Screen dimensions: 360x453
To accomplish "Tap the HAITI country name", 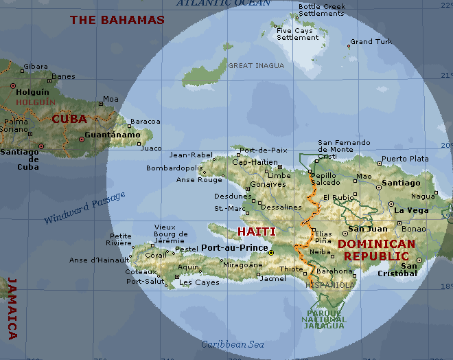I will point(256,232).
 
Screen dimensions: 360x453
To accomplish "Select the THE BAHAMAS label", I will point(117,20).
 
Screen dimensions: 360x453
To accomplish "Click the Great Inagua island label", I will point(255,66).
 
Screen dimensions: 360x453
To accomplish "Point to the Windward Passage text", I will point(85,208).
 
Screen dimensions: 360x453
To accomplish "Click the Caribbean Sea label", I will point(233,344).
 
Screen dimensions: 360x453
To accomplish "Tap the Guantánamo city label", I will point(113,135).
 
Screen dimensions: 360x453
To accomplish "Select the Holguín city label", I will point(33,91).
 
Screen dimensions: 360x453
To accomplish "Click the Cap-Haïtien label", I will point(255,163).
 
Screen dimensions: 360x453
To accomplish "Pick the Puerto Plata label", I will point(405,159).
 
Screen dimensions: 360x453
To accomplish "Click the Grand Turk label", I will point(371,42).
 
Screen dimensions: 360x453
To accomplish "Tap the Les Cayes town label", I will point(199,282).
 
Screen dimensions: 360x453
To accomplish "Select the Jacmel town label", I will point(273,278).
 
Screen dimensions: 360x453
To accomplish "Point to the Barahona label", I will point(334,271).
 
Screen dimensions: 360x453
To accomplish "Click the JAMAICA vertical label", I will point(12,308).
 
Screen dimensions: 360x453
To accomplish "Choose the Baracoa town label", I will point(146,122).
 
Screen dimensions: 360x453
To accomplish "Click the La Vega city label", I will point(412,210).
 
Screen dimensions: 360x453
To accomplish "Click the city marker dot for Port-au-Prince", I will point(271,253).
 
